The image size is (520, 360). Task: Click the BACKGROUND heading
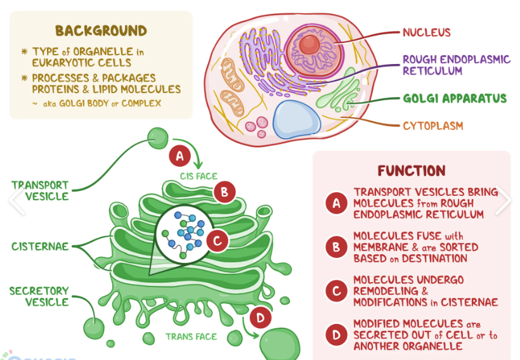(x=101, y=30)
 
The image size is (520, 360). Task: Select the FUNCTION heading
(x=411, y=171)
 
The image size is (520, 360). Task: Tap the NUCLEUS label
(x=426, y=32)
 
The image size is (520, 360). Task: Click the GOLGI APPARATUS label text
(x=454, y=98)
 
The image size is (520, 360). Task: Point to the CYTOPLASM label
(x=432, y=125)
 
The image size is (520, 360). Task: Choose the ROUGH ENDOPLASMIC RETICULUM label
(x=456, y=65)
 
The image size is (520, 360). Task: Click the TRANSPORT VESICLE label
(x=40, y=191)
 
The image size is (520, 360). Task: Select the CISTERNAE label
(x=39, y=246)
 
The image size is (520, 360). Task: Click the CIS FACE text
(x=198, y=176)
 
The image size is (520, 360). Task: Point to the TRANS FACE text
(x=191, y=337)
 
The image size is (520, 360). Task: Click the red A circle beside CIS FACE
(x=179, y=155)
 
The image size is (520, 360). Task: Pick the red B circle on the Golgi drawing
(x=224, y=192)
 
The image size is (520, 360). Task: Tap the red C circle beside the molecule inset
(x=217, y=241)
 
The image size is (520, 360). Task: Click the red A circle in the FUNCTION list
(x=335, y=203)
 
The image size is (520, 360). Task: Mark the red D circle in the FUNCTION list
(x=335, y=335)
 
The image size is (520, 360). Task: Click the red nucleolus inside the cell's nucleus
(x=310, y=44)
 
